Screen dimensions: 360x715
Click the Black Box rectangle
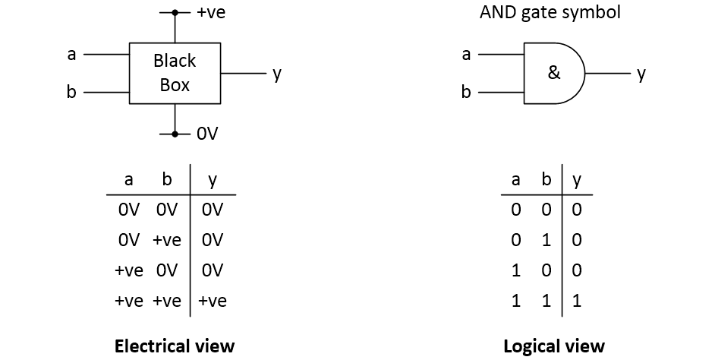pos(175,73)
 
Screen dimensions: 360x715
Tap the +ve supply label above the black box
pos(211,13)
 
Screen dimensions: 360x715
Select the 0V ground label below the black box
pos(206,134)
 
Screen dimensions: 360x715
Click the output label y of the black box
pos(277,74)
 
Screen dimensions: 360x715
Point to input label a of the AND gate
pos(466,55)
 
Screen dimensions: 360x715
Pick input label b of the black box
pos(72,93)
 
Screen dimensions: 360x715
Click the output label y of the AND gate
pos(641,74)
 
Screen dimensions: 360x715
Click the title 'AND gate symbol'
pos(550,13)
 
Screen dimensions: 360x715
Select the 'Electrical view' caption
pos(175,346)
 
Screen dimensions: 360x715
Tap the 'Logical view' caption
pos(554,346)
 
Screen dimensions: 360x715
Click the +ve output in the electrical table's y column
pos(213,301)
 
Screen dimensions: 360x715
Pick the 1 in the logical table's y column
pos(577,301)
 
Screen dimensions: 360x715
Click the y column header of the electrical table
pos(213,180)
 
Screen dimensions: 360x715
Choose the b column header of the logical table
pos(546,180)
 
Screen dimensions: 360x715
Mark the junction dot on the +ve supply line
pos(175,13)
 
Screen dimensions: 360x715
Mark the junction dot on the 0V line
pos(175,134)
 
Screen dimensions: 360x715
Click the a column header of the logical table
pos(516,180)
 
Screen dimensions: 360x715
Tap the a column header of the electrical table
pos(128,180)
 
